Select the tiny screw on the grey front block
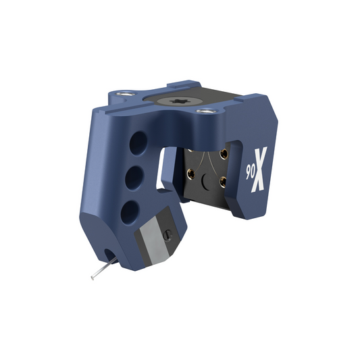pyautogui.click(x=168, y=234)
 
